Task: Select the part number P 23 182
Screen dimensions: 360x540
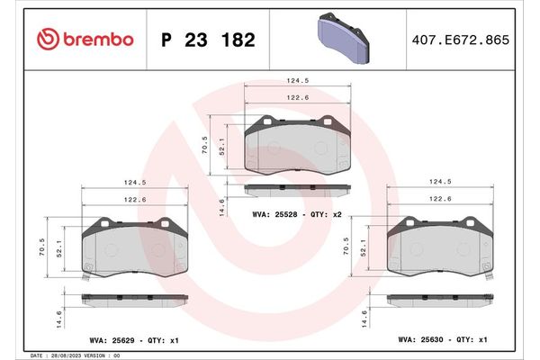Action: tap(208, 40)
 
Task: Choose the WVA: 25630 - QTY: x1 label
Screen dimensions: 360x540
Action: tap(442, 339)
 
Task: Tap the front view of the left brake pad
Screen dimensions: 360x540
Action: tap(135, 247)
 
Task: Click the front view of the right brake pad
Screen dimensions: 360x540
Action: tap(440, 247)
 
